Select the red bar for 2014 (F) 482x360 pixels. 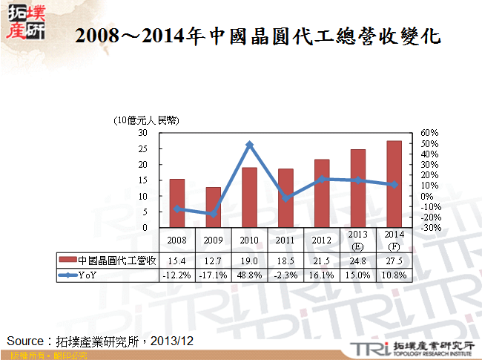[x=394, y=184]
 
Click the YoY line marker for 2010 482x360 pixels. [x=249, y=145]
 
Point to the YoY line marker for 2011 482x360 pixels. [x=285, y=198]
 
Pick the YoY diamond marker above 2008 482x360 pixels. [x=177, y=209]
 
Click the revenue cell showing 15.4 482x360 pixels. [x=177, y=261]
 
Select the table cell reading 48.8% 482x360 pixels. [x=249, y=274]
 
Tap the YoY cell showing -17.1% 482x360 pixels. [x=213, y=274]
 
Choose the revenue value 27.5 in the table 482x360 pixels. [x=394, y=261]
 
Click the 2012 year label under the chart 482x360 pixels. [x=321, y=240]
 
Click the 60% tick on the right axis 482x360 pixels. [x=430, y=133]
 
